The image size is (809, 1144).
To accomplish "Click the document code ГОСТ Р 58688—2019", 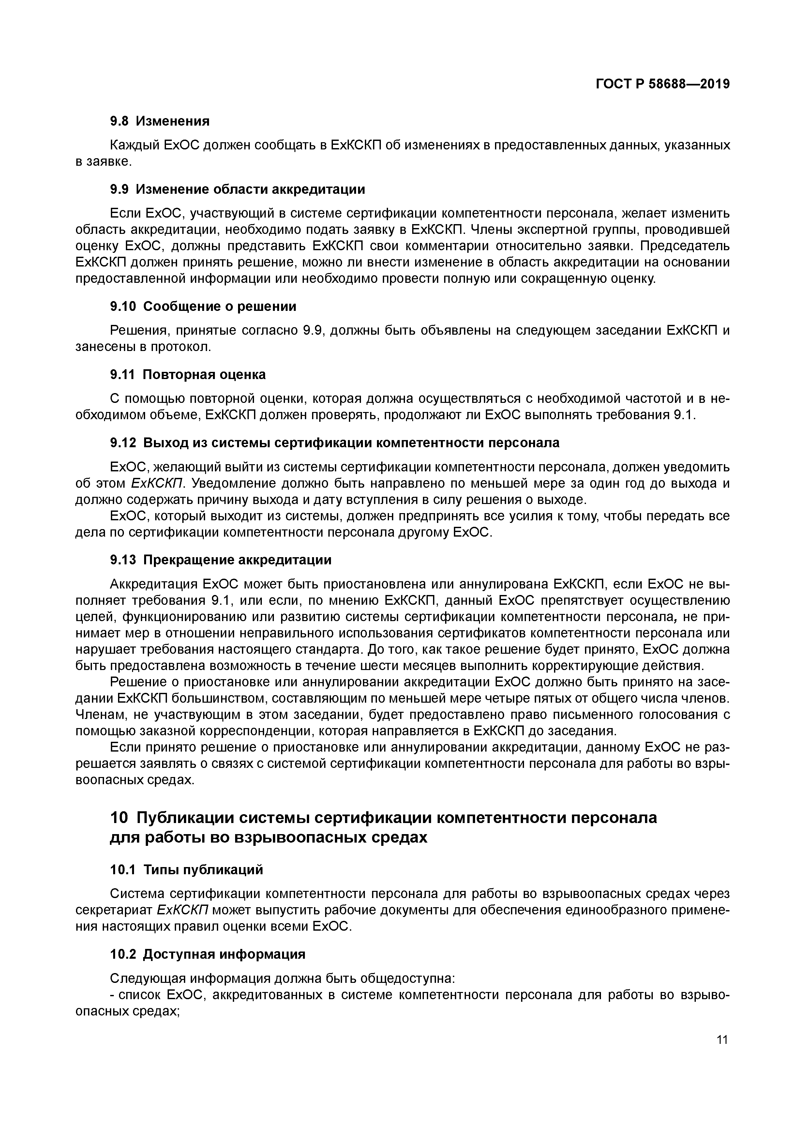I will [663, 84].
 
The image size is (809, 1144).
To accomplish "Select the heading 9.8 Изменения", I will [159, 121].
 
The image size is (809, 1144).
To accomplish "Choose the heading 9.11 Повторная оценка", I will [188, 375].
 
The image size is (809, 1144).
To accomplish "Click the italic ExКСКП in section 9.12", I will [157, 483].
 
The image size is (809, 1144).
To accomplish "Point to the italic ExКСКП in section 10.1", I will [184, 910].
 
